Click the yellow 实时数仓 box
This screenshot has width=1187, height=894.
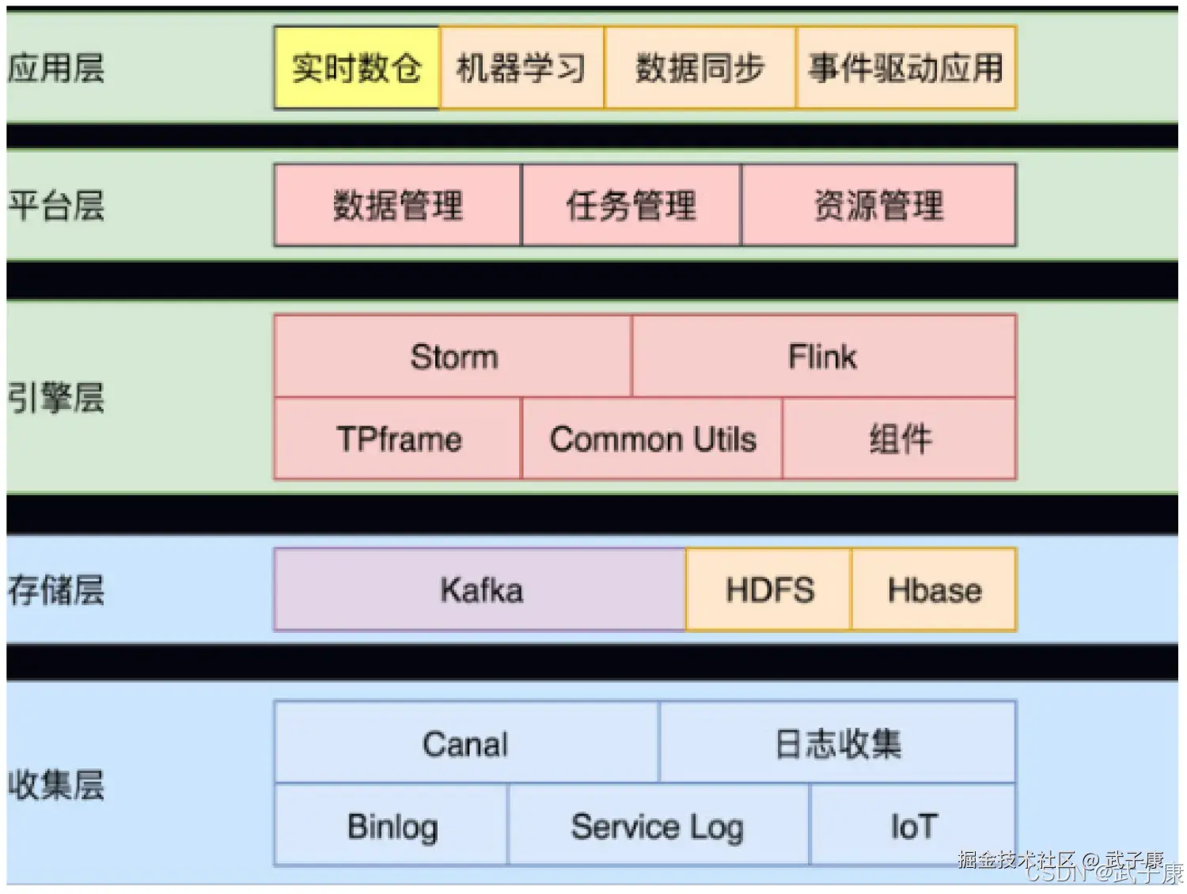click(x=357, y=68)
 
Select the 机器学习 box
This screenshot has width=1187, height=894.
click(x=521, y=68)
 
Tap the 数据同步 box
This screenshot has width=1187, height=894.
click(x=700, y=68)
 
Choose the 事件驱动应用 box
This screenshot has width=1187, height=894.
click(x=906, y=68)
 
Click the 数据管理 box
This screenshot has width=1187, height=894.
click(x=397, y=206)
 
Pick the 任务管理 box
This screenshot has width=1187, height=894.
click(x=631, y=206)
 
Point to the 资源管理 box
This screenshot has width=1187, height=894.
click(x=878, y=206)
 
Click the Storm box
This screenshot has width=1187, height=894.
click(x=453, y=357)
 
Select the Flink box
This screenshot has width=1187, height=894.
click(x=823, y=357)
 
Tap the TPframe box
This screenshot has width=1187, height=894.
click(x=398, y=439)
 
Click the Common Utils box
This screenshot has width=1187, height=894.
click(x=652, y=439)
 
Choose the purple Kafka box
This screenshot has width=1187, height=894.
click(x=480, y=590)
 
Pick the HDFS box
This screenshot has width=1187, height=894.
click(x=769, y=590)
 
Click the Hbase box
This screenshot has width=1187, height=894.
click(x=934, y=590)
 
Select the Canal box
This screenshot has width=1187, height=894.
click(x=465, y=744)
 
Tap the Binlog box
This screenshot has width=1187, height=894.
click(x=392, y=826)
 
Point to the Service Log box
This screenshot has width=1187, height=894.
click(x=658, y=826)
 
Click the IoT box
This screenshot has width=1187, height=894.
click(x=913, y=826)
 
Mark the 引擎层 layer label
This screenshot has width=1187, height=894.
click(x=56, y=398)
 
